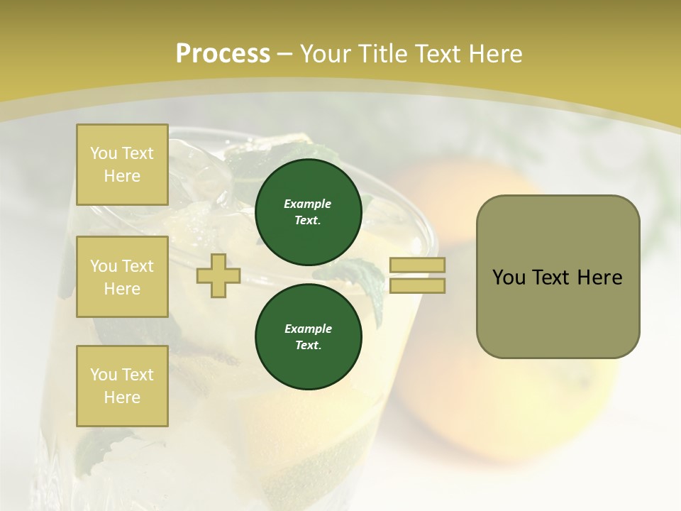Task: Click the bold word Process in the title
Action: tap(223, 54)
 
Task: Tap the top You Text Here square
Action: tap(122, 165)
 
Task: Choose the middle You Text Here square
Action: tap(122, 277)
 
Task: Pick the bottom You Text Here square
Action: tap(122, 385)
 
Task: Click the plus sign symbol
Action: tap(218, 275)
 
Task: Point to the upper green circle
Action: tap(308, 212)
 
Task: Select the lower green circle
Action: tap(308, 337)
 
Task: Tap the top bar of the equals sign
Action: tap(418, 265)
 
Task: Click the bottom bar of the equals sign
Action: tap(418, 285)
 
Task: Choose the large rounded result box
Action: tap(558, 277)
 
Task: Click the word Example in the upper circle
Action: tap(308, 204)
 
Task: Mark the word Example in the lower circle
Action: tap(308, 329)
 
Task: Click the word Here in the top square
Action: tap(122, 176)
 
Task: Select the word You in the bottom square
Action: tap(104, 374)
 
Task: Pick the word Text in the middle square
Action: tap(138, 266)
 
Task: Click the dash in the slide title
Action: tap(285, 54)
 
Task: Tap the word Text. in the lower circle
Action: tap(308, 346)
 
